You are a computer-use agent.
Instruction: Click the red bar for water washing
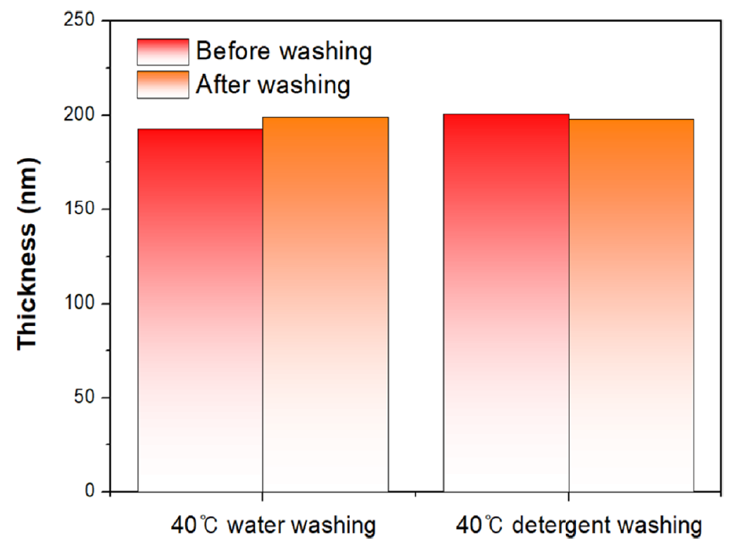click(x=200, y=311)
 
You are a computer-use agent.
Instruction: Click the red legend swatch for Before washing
click(x=162, y=52)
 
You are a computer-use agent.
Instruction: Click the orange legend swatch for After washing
click(x=162, y=84)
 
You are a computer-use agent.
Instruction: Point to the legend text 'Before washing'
click(x=284, y=52)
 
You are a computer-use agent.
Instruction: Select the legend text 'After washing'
click(x=273, y=84)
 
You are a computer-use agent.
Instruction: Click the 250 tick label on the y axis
click(x=79, y=21)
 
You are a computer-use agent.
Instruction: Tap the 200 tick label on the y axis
click(x=79, y=115)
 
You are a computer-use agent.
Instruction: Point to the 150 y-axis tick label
click(x=79, y=209)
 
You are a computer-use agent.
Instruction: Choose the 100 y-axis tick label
click(x=79, y=304)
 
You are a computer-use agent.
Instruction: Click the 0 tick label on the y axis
click(x=90, y=492)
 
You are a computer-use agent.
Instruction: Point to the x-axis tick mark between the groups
click(x=416, y=495)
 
